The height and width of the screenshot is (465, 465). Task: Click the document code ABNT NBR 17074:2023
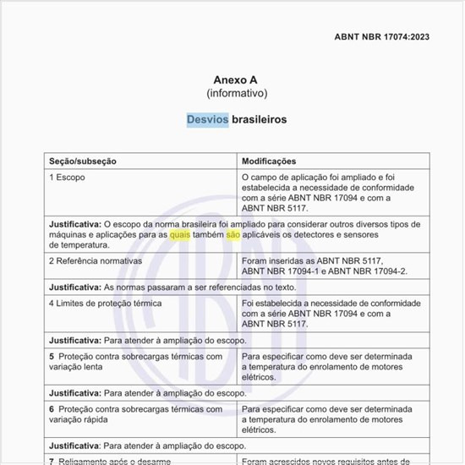point(382,37)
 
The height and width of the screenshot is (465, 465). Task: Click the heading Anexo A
point(236,79)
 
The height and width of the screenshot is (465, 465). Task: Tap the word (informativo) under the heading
point(237,93)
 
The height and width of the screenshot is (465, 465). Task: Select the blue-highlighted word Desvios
point(207,119)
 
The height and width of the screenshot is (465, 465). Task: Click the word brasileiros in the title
point(259,119)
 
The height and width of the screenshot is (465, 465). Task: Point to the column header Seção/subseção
point(83,161)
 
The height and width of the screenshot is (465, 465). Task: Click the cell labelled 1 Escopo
point(68,178)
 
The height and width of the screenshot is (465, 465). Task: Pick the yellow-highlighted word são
point(233,234)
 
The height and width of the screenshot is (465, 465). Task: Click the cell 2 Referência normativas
point(96,260)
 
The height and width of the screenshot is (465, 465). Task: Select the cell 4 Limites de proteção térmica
point(106,303)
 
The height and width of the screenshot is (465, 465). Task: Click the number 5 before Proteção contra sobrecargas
point(52,356)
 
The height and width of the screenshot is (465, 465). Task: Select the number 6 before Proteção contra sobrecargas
point(52,409)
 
